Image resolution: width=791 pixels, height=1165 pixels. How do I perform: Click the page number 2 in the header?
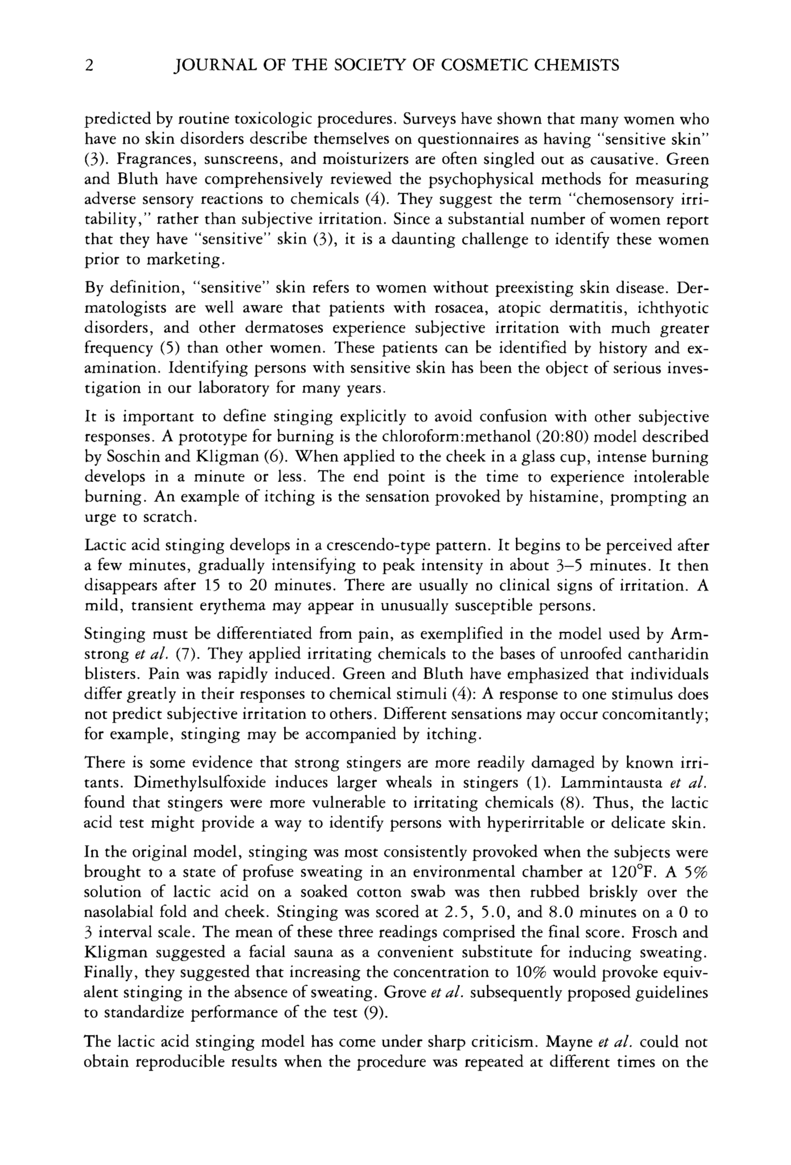(x=89, y=66)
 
